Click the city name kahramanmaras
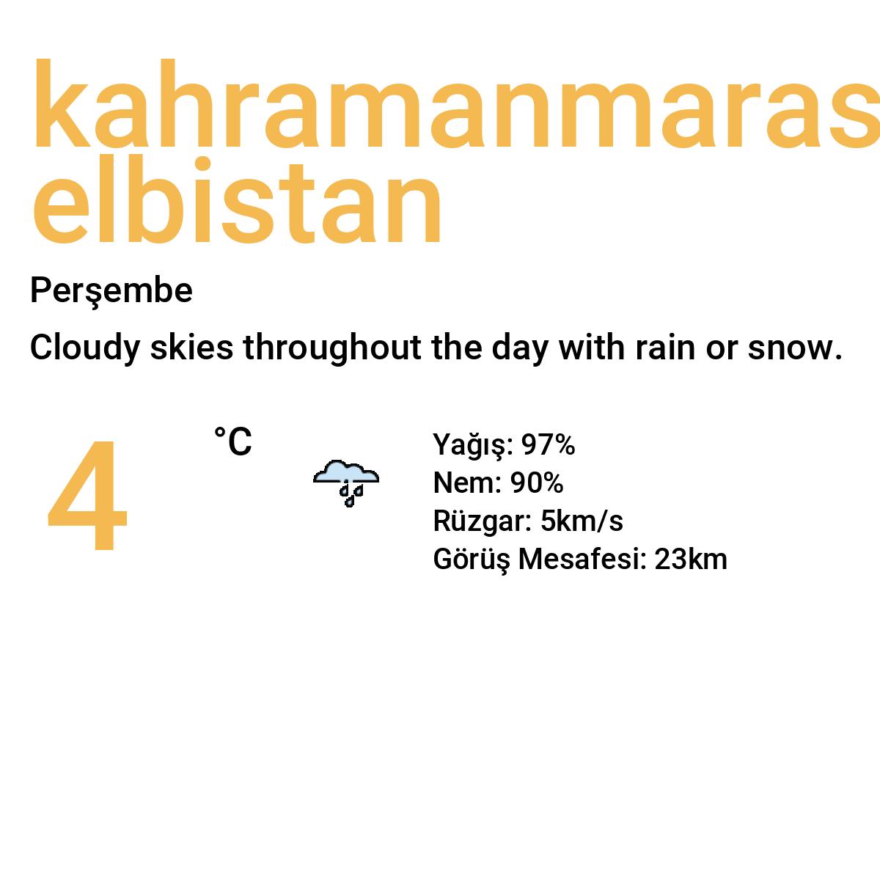[455, 106]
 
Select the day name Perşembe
[111, 291]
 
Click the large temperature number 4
[88, 496]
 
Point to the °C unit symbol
[233, 442]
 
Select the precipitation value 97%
[548, 445]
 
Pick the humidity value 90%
[537, 483]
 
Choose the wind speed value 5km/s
[582, 521]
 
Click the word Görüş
[471, 560]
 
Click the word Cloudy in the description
[84, 348]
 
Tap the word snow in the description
[795, 348]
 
